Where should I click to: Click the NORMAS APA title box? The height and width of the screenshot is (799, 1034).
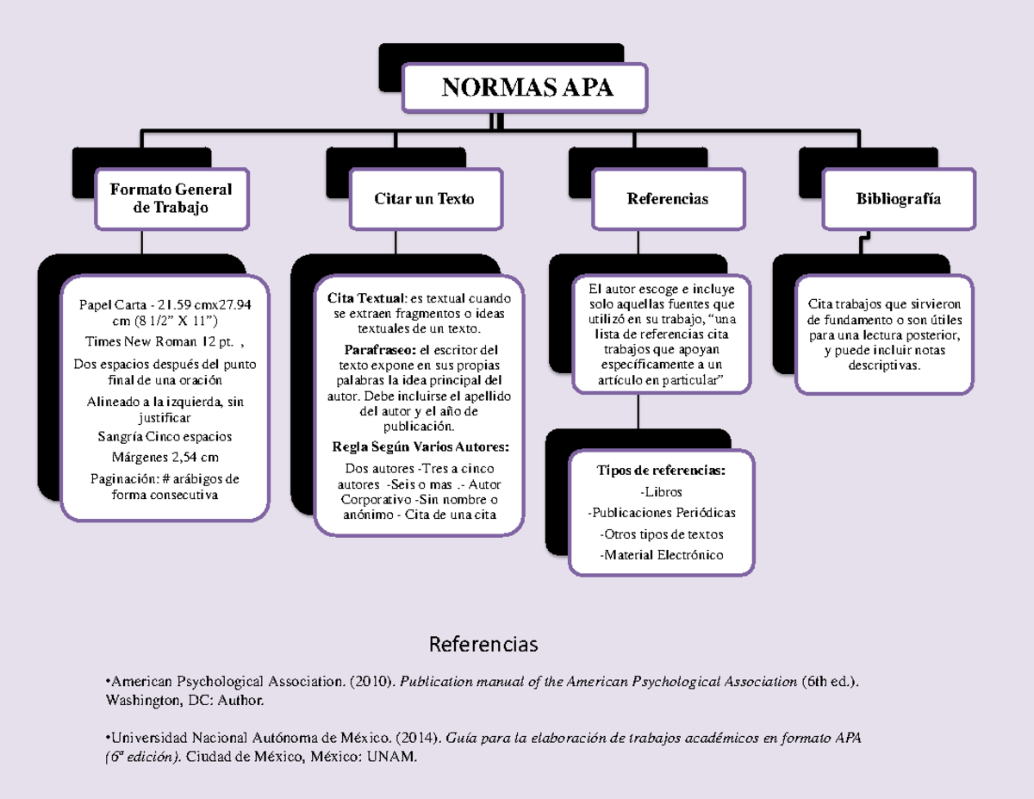(526, 88)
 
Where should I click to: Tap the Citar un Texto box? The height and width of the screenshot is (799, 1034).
(424, 199)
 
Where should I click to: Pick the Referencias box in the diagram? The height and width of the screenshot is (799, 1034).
(668, 199)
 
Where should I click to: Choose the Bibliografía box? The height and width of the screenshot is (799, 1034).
(899, 199)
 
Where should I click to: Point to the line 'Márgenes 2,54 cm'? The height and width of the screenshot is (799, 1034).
(165, 457)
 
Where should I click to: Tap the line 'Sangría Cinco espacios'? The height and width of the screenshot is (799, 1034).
(165, 436)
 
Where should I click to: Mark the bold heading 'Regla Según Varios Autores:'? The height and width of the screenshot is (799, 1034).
(420, 446)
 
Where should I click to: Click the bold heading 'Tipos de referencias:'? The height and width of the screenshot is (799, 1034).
(661, 471)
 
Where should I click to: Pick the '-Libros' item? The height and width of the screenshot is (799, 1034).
(662, 492)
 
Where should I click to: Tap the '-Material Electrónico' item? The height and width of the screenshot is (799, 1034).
(662, 555)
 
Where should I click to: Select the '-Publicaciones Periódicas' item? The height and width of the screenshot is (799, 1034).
(662, 513)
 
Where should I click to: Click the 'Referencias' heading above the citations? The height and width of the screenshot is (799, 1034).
(483, 645)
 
